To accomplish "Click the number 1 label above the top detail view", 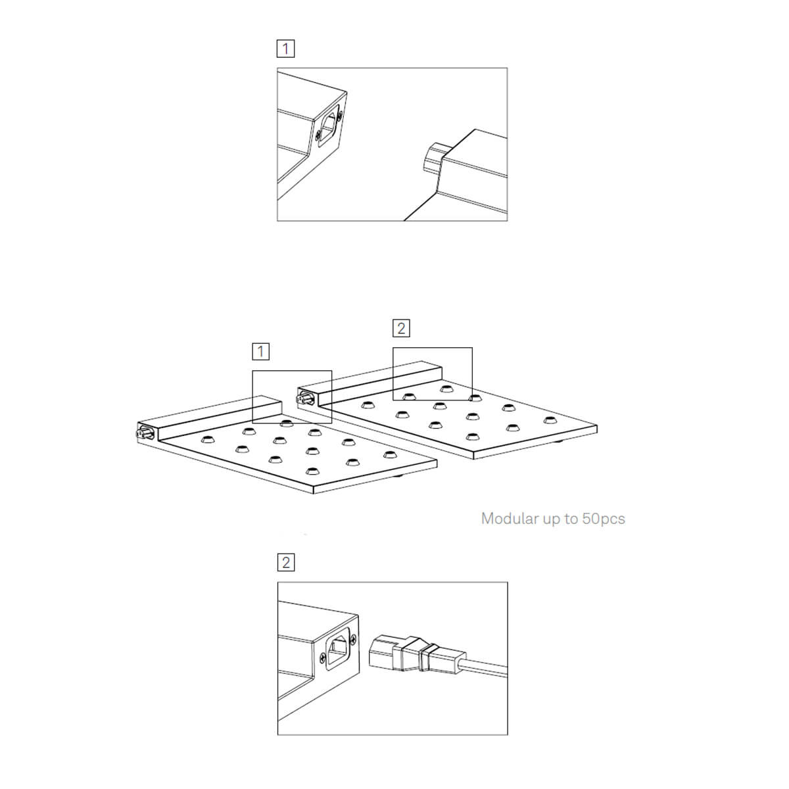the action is (285, 48).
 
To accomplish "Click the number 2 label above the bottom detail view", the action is (286, 562).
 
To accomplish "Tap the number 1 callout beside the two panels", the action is (260, 351).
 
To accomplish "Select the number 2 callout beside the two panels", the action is (401, 328).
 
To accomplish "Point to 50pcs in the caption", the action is (604, 519).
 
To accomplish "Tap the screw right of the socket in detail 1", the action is (340, 116).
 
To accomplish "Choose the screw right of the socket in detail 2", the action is (353, 638).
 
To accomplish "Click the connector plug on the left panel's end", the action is (145, 433).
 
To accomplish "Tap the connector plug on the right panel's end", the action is (304, 398).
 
